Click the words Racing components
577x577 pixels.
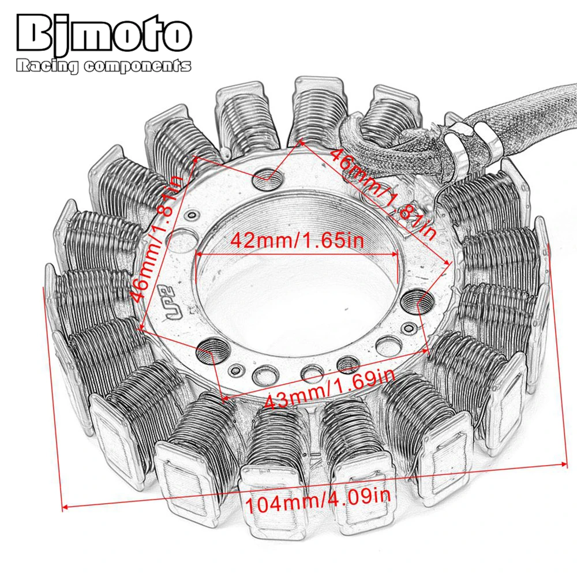pos(104,66)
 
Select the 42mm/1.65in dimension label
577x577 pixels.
pos(297,240)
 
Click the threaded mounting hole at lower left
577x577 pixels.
pos(209,349)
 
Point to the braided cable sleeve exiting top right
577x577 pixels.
pos(537,115)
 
